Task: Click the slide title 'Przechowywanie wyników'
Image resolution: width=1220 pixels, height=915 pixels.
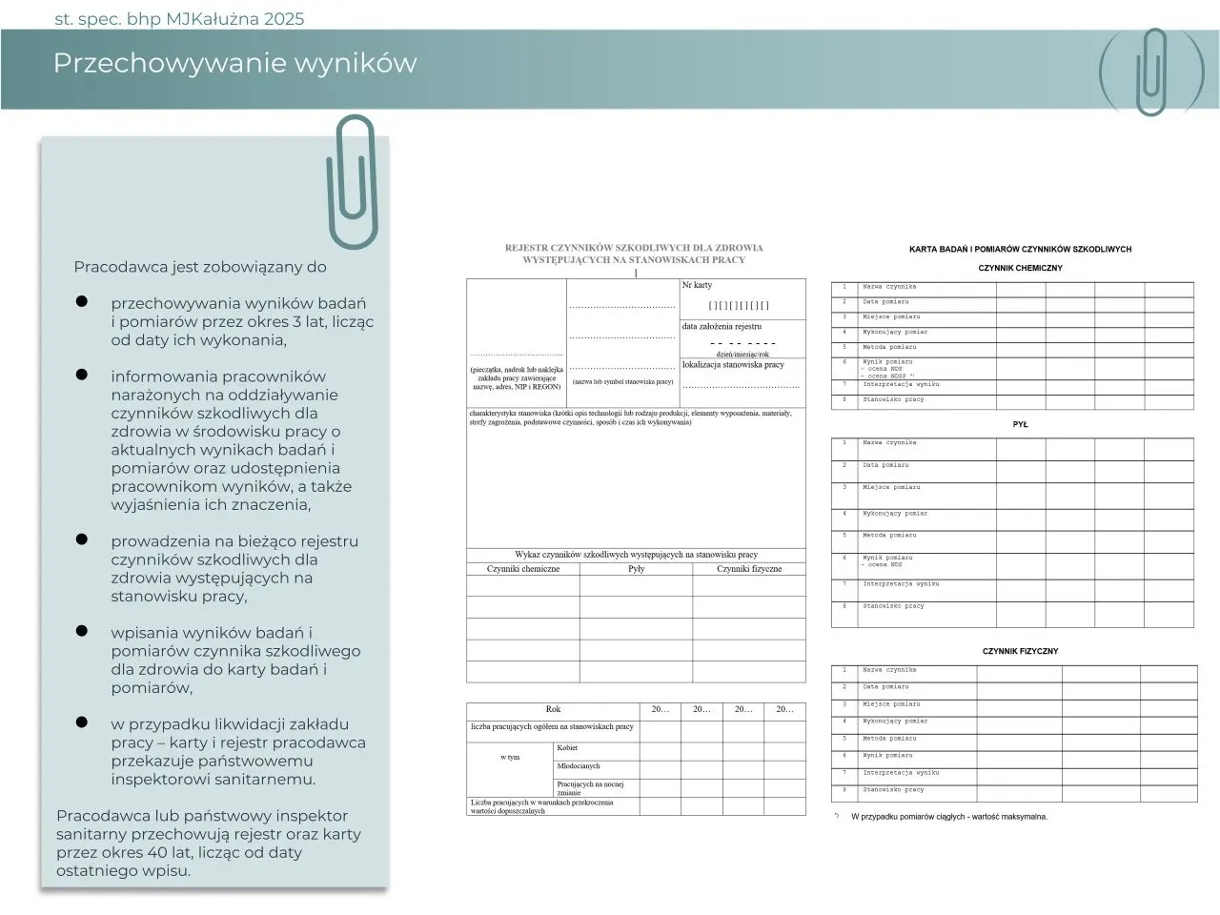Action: [234, 63]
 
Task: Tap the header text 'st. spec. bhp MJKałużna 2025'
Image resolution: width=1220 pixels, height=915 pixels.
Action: [179, 19]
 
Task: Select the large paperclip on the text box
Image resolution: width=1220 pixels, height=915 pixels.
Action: [352, 181]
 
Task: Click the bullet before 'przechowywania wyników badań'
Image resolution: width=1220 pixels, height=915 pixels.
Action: [82, 301]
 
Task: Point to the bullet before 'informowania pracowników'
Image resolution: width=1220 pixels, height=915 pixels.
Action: [82, 375]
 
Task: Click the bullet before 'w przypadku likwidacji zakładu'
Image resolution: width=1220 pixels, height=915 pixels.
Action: [82, 722]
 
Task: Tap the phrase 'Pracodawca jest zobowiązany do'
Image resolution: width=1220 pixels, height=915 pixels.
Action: [200, 267]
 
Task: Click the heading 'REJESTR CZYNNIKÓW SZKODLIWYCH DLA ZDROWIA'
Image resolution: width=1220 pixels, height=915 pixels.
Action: [634, 248]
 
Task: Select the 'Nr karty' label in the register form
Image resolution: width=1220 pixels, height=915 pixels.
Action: [697, 285]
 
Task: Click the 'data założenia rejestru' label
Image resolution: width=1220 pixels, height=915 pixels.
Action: [722, 326]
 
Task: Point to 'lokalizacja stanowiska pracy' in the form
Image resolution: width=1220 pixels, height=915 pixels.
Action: [733, 364]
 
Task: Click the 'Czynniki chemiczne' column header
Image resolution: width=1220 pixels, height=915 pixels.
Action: [522, 569]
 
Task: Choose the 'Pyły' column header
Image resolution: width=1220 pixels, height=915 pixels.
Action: [636, 569]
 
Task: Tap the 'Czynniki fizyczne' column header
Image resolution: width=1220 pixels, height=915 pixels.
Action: [749, 569]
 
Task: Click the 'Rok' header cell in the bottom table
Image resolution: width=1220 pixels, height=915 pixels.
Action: [553, 709]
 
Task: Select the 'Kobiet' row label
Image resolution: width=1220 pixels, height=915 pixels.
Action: [567, 748]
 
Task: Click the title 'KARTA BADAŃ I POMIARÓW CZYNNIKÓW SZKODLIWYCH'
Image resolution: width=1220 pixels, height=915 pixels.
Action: [1020, 250]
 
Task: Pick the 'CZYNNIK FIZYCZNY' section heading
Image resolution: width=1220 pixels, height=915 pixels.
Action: [1020, 652]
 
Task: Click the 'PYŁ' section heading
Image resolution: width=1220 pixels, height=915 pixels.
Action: [1020, 425]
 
